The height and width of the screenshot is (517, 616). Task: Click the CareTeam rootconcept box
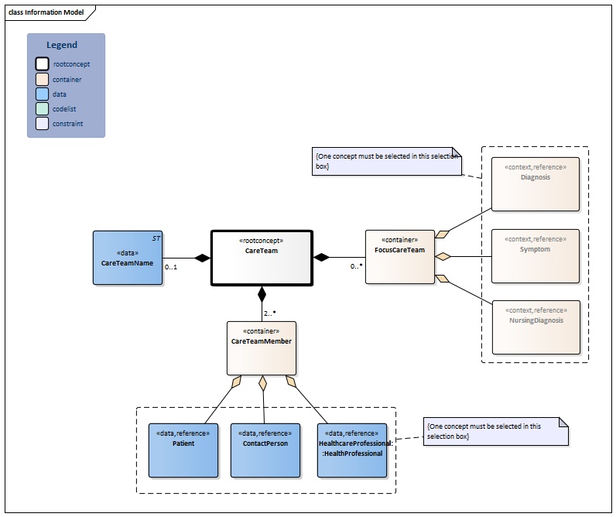tap(262, 258)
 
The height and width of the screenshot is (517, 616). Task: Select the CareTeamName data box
tap(128, 258)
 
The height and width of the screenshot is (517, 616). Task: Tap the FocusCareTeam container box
tap(399, 256)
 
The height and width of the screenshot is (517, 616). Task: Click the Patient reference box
tap(183, 450)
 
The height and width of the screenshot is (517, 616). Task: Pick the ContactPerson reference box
tap(265, 450)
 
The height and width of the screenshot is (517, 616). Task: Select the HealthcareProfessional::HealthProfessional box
tap(351, 450)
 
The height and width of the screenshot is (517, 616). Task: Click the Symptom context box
tap(536, 255)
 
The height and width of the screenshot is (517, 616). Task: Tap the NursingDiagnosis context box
tap(536, 327)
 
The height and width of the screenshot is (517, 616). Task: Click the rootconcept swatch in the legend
tap(43, 64)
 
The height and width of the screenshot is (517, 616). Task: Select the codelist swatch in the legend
tap(43, 109)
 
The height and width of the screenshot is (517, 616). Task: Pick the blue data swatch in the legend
tap(43, 94)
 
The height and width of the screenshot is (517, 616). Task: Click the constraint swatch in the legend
tap(43, 124)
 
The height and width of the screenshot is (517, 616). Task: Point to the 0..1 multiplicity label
tap(171, 267)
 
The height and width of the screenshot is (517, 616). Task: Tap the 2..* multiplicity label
tap(270, 313)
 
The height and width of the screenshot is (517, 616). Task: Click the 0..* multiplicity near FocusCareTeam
tap(356, 266)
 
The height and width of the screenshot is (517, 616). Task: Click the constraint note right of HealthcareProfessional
tap(496, 432)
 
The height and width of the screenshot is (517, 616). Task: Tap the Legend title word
tap(62, 45)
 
